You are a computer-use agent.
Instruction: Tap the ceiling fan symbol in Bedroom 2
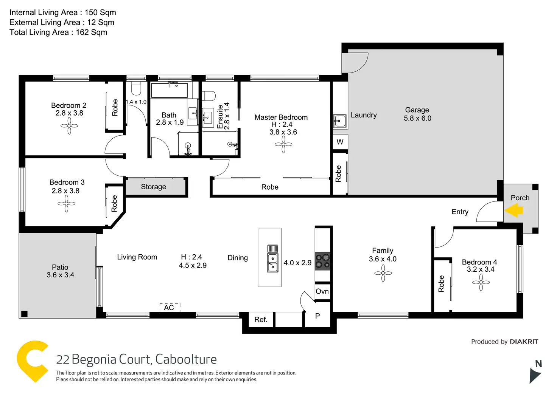point(69,126)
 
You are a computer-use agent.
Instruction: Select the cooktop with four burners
point(322,261)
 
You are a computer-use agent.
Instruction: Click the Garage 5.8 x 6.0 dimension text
point(417,118)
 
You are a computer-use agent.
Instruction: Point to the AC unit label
point(169,308)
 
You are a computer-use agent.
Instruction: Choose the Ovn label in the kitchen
point(322,291)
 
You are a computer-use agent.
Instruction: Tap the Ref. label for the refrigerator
point(261,319)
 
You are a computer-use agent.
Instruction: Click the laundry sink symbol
point(340,121)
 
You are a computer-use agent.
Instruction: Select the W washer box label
point(340,142)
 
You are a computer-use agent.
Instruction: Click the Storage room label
point(153,187)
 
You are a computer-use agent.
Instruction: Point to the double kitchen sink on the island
point(272,263)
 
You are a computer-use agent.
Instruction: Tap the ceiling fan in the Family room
point(383,273)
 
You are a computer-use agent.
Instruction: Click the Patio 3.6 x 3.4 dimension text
point(61,275)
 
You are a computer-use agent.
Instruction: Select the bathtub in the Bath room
point(170,90)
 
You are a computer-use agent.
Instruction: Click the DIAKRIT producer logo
point(524,342)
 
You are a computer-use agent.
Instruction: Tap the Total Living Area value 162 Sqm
point(91,32)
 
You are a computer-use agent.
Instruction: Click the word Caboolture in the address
point(186,359)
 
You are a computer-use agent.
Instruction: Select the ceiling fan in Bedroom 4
point(481,282)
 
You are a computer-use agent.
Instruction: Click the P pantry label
point(317,316)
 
